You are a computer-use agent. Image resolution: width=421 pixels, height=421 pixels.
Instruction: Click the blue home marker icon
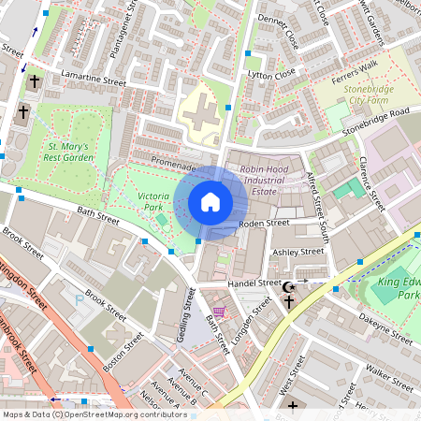pos(210,202)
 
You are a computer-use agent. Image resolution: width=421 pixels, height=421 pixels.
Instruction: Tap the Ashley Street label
pos(297,253)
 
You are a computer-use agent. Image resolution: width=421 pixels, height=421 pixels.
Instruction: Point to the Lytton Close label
pos(271,72)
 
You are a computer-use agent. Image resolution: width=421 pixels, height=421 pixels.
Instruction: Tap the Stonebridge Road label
pos(375,121)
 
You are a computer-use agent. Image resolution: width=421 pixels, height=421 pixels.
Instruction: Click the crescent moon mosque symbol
pos(289,286)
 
